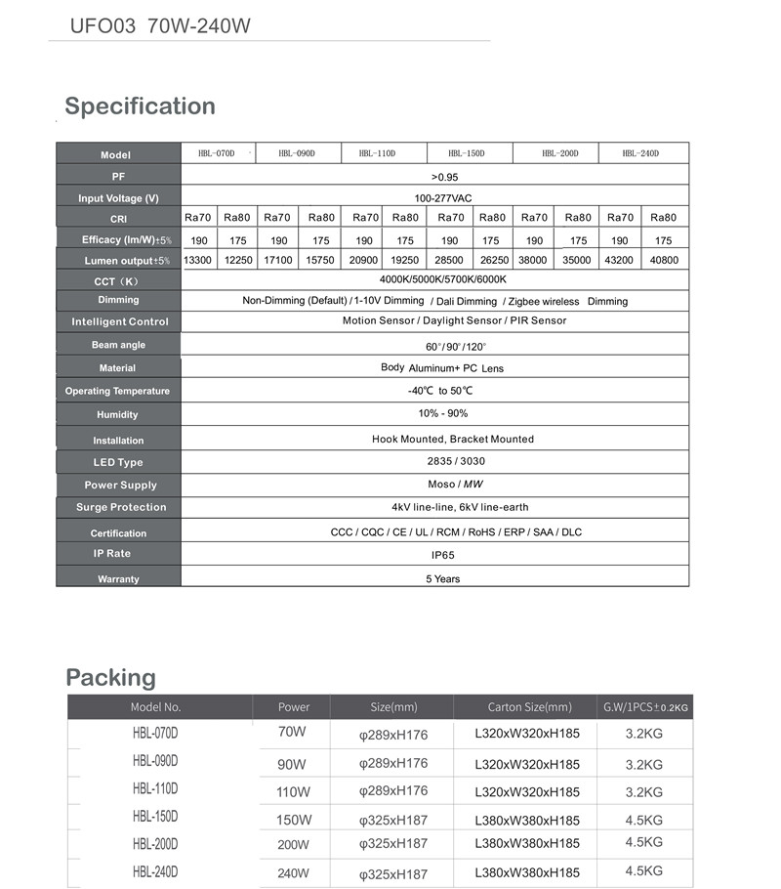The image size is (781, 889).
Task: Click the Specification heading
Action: click(140, 106)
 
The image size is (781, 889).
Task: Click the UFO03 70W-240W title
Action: click(160, 25)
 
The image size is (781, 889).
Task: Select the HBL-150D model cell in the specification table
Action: click(466, 153)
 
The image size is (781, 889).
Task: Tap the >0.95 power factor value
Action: click(444, 177)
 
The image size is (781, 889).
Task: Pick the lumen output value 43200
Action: click(620, 260)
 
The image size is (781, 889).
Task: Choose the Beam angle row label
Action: click(118, 345)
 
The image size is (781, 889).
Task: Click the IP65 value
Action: click(444, 555)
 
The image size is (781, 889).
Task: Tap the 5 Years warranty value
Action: click(442, 578)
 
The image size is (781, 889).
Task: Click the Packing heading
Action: click(110, 677)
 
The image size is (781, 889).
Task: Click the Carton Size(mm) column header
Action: click(529, 707)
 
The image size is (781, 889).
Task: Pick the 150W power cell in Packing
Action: click(293, 820)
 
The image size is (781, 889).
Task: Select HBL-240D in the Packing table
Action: click(155, 871)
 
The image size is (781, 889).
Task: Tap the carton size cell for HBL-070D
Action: click(527, 736)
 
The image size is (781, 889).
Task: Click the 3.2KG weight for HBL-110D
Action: click(643, 792)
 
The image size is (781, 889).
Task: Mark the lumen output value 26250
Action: click(494, 260)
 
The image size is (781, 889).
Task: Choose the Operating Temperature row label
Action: click(117, 391)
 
